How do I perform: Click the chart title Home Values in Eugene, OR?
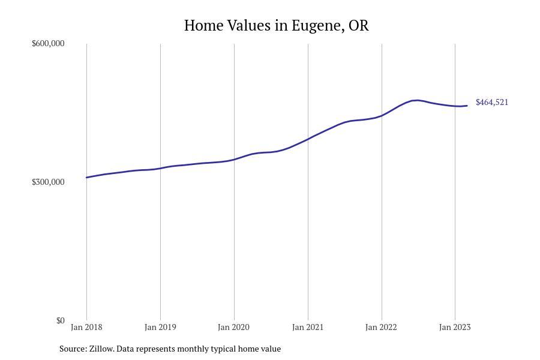(276, 26)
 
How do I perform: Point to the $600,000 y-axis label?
(48, 43)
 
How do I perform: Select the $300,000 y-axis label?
(48, 182)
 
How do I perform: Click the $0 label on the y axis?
(60, 320)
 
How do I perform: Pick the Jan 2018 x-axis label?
(86, 327)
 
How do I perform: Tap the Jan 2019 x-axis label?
(160, 327)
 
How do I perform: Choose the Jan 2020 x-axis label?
(234, 327)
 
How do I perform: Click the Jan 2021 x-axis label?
(308, 327)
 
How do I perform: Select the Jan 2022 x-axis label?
(382, 327)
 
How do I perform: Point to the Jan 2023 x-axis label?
(455, 327)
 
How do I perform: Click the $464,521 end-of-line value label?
(492, 102)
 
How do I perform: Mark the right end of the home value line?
(467, 106)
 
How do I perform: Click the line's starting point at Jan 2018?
(87, 177)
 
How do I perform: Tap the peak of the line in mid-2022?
(416, 100)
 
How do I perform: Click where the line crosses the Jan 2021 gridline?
(308, 139)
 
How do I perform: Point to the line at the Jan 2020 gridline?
(234, 159)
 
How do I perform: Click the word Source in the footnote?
(73, 349)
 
